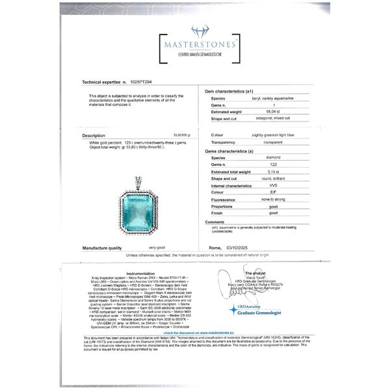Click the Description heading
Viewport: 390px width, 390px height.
coord(94,136)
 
